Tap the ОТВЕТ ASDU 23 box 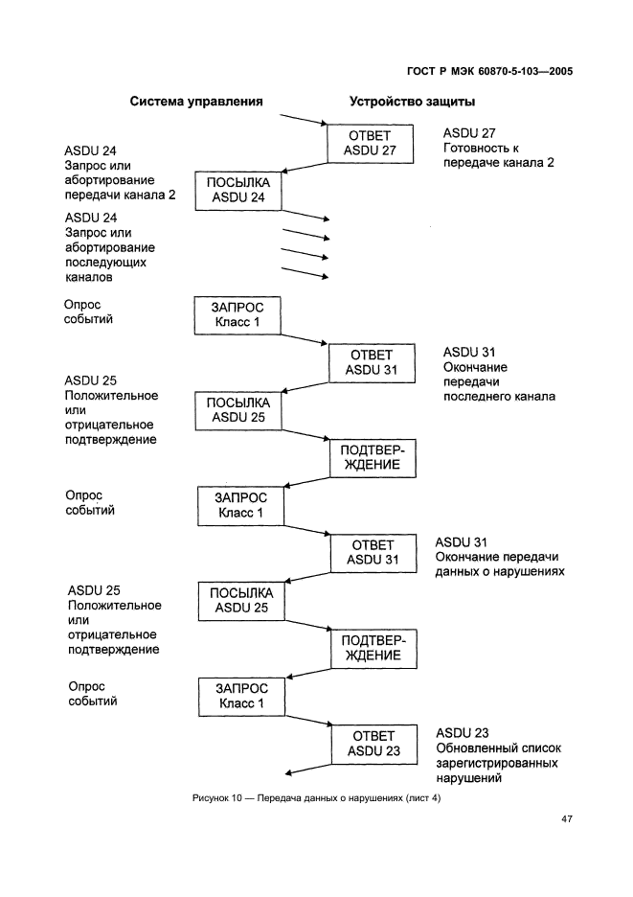[x=367, y=743]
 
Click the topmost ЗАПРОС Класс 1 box [x=238, y=314]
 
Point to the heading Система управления [x=196, y=101]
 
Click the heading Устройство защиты [x=413, y=101]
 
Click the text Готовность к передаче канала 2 [x=486, y=155]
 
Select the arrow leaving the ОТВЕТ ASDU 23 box [x=308, y=770]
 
